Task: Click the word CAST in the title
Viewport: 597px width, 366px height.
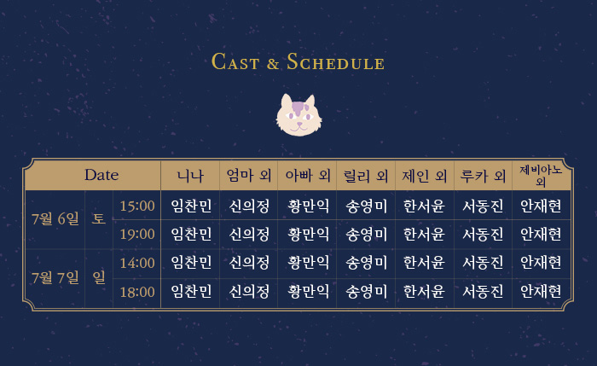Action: [235, 61]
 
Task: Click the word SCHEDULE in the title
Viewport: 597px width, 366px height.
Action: [335, 61]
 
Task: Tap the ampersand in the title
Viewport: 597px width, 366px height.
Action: [273, 64]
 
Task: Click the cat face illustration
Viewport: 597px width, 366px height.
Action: [298, 115]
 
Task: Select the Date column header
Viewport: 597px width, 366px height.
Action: [101, 175]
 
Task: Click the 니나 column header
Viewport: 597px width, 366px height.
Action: [190, 176]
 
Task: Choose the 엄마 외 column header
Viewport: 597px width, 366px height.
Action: [249, 176]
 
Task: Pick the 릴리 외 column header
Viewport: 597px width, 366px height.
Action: [366, 176]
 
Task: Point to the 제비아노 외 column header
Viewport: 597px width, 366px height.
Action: [541, 175]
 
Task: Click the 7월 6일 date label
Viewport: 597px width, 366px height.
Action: [55, 219]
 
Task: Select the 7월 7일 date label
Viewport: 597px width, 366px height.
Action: [55, 277]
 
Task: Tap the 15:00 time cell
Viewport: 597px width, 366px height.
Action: [137, 206]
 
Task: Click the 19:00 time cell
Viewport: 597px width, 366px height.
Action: [137, 235]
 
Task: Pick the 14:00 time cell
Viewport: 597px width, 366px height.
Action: [137, 263]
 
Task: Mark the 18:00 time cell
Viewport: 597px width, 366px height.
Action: [137, 292]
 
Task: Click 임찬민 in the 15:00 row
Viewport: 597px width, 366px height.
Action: [191, 206]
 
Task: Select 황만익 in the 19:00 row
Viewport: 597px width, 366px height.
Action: [308, 235]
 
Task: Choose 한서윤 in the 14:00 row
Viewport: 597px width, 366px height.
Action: [424, 263]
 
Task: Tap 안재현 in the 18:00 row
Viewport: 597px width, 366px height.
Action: [541, 292]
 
